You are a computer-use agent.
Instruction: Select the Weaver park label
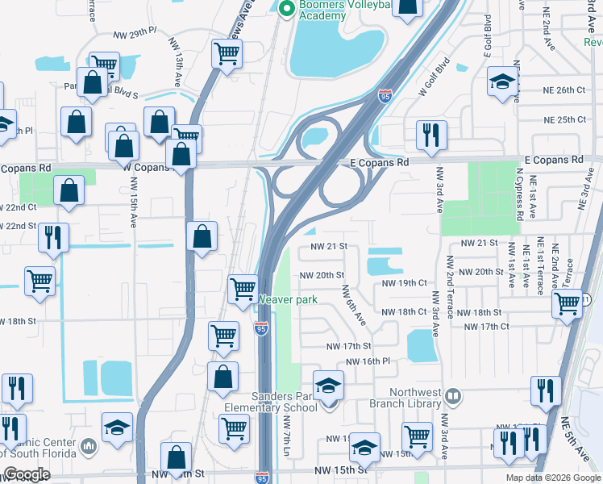[289, 300]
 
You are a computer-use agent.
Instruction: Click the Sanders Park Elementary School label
[285, 402]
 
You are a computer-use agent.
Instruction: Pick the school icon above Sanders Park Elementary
[328, 386]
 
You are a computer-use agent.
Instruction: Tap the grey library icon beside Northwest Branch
[454, 397]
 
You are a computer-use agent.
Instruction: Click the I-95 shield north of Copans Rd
[386, 98]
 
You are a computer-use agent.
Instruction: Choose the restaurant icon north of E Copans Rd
[431, 135]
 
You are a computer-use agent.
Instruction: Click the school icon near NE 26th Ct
[502, 81]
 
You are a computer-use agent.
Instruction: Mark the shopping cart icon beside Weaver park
[243, 289]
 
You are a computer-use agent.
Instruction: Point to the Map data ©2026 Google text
[552, 478]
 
